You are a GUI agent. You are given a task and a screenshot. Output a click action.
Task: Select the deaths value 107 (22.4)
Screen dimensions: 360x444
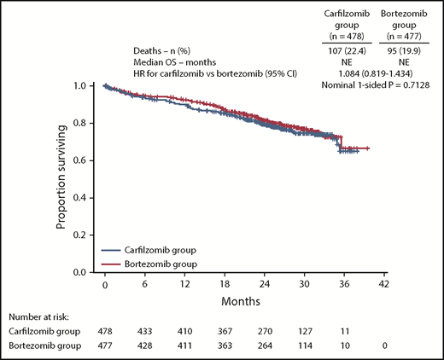[339, 50]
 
